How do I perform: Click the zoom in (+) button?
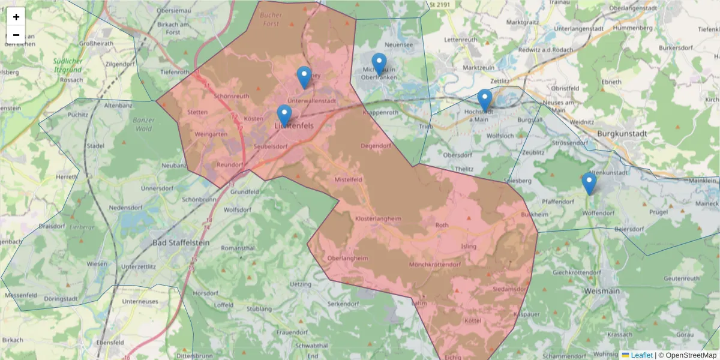coord(16,17)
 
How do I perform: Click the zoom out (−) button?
coord(16,35)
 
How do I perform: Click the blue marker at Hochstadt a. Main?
coord(484,100)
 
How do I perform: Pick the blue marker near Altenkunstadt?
coord(589,183)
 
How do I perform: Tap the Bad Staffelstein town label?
coord(181,242)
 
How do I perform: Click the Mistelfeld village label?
coord(348,179)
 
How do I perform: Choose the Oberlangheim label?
coord(348,258)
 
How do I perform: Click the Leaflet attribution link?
coord(641,355)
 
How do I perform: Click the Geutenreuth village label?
coord(682,278)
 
